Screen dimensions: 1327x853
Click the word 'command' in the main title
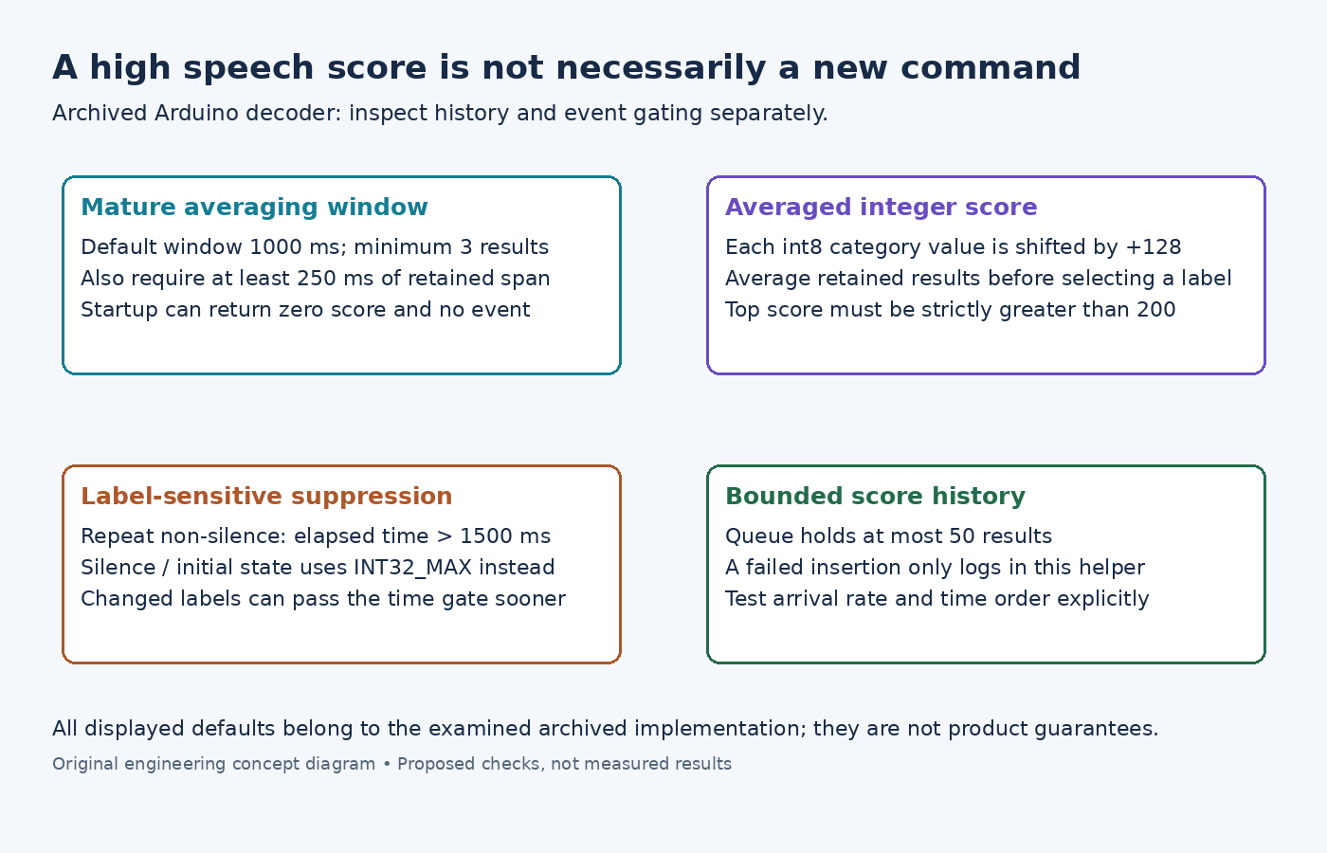coord(991,67)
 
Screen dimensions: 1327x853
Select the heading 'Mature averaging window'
coord(254,208)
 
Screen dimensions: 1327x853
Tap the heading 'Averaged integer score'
coord(881,208)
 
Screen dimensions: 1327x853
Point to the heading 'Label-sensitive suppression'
coord(266,497)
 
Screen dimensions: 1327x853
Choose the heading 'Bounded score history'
coord(875,497)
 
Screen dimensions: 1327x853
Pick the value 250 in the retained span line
coord(317,279)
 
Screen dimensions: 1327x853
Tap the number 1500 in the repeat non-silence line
coord(485,536)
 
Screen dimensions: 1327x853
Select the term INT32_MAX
coord(413,568)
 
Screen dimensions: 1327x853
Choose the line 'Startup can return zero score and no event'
coord(305,310)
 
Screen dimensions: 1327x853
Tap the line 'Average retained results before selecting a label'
coord(978,279)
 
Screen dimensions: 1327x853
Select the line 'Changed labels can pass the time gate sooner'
coord(323,599)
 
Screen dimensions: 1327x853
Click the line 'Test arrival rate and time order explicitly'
coord(937,599)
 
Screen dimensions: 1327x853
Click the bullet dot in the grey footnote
coord(387,764)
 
